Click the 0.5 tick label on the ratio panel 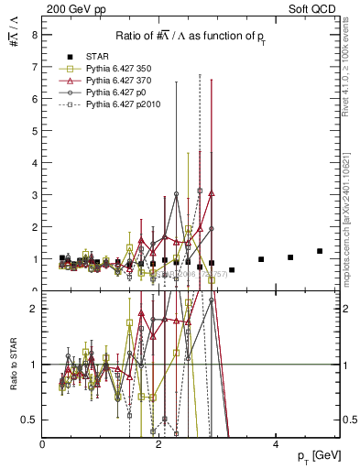[29, 420]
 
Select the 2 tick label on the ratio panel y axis [34, 309]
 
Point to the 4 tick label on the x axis [275, 443]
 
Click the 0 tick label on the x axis [43, 443]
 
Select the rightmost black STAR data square [320, 251]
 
